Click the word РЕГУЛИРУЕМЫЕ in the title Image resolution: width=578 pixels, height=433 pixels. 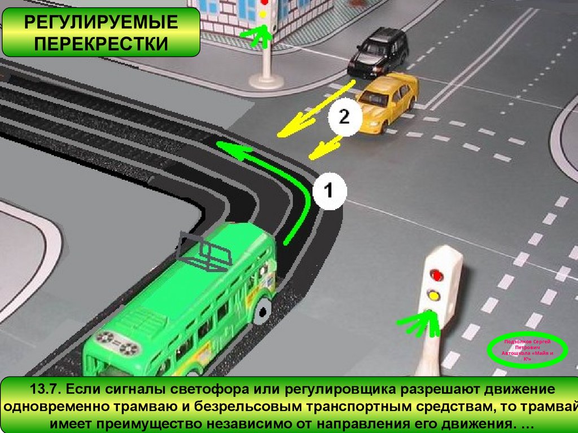click(100, 23)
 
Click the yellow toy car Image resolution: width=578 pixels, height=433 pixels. click(388, 100)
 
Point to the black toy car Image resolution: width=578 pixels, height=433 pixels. click(378, 52)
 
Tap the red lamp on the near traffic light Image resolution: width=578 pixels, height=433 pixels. click(436, 275)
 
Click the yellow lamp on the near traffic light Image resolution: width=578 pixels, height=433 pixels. click(434, 294)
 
